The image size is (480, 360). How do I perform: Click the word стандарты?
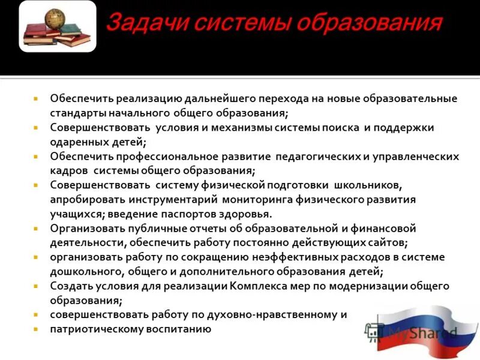pos(78,113)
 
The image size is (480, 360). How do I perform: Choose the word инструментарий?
pos(175,200)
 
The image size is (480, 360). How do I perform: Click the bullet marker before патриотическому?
pos(36,329)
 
